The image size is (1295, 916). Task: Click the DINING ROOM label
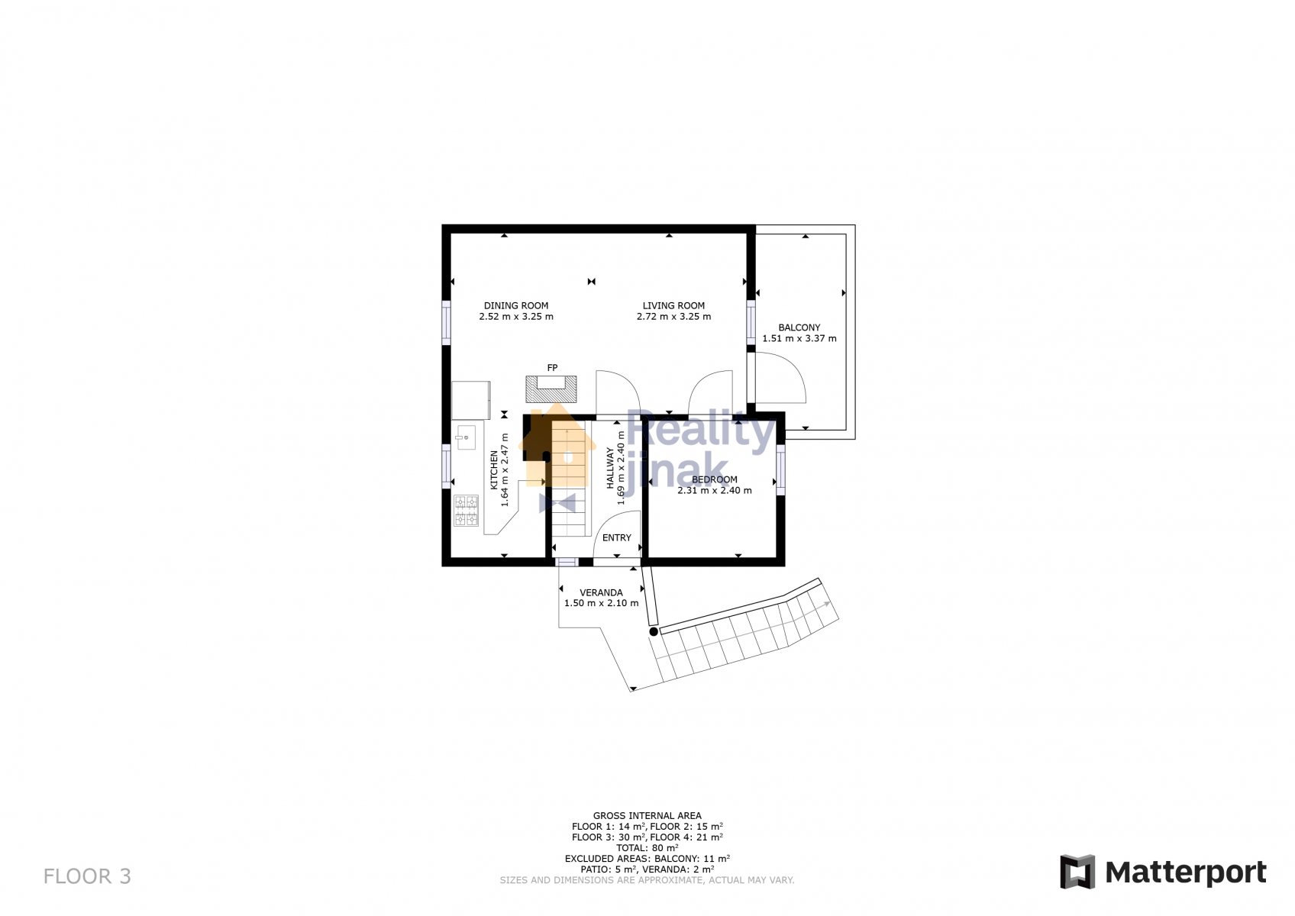pos(515,306)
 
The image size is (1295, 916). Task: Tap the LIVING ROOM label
pos(673,306)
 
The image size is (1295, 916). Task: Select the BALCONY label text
pos(799,327)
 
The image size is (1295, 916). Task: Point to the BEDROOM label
pos(715,479)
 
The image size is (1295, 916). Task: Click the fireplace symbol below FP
pos(551,389)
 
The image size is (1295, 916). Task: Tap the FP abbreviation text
pos(552,368)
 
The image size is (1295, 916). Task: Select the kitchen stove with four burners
pos(466,511)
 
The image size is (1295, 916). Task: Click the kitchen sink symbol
pos(465,437)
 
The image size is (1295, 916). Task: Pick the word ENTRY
pos(617,538)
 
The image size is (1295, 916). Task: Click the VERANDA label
pos(601,592)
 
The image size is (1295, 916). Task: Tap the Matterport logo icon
pos(1077,872)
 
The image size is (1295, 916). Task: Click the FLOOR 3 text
pos(87,877)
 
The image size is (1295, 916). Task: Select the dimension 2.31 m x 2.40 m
pos(715,491)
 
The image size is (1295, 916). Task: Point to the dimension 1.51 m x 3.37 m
pos(799,339)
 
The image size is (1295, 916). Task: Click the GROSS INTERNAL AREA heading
pos(647,816)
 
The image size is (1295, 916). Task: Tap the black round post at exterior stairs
pos(654,632)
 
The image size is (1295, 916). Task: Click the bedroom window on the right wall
pos(780,470)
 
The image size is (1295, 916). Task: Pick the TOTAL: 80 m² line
pos(647,848)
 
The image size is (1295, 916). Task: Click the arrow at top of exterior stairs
pos(827,604)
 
